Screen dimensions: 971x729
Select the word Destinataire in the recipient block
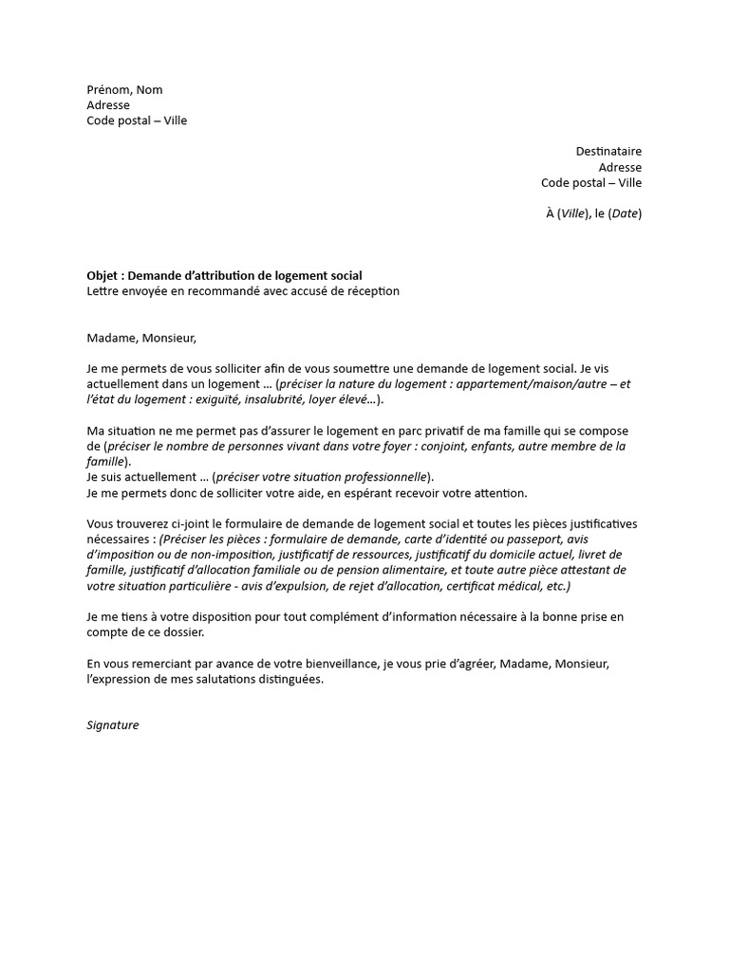[x=608, y=152]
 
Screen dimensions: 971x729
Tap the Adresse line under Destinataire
[x=620, y=167]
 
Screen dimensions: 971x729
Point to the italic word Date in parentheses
[x=625, y=213]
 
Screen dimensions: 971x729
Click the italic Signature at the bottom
[x=112, y=725]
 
